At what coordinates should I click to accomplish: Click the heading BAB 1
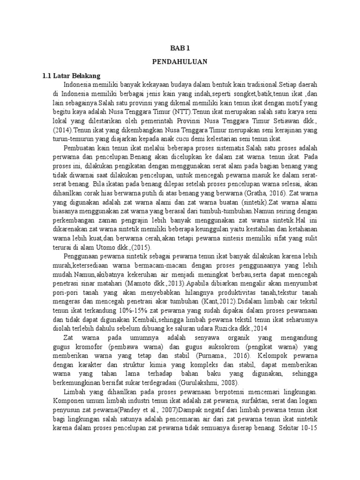point(180,48)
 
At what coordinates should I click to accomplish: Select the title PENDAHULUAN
point(180,61)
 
